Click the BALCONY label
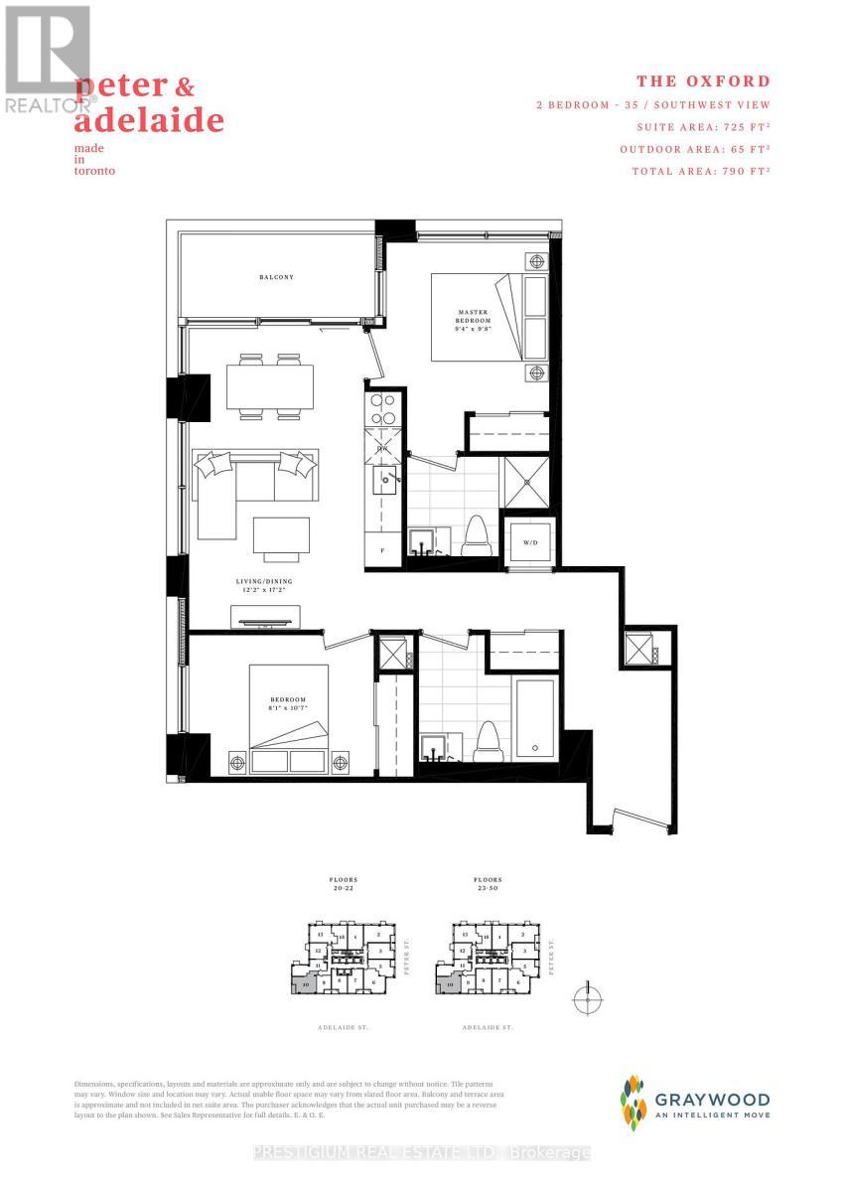tap(277, 277)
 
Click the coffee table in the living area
tap(273, 537)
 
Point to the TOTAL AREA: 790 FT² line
tap(702, 171)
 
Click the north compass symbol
tap(588, 998)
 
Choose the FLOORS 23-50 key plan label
tap(487, 884)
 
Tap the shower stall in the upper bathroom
tap(527, 479)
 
